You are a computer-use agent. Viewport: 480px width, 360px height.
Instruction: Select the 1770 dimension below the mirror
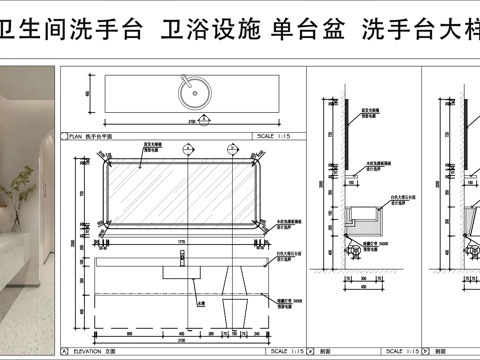[x=182, y=241]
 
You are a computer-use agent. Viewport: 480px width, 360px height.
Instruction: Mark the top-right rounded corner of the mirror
[x=264, y=165]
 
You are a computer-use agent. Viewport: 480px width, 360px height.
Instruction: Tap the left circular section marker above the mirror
[x=187, y=149]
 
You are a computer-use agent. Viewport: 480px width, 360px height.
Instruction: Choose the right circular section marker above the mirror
[x=232, y=149]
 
